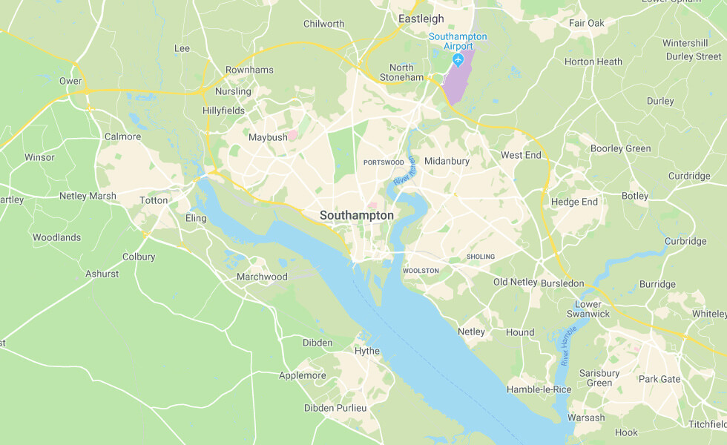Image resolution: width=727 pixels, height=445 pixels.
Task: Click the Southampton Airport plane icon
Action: (x=458, y=59)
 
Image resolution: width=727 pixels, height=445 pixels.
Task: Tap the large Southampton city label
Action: (x=357, y=215)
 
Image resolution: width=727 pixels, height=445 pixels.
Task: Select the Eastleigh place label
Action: (x=421, y=19)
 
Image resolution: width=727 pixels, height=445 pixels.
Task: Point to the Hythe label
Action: (x=367, y=351)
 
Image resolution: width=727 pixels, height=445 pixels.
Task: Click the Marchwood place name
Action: (x=262, y=277)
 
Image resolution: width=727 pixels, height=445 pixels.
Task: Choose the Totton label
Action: (x=154, y=201)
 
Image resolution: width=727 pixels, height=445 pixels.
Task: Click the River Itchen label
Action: (x=405, y=172)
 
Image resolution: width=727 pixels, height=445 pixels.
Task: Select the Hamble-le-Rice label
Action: (x=539, y=389)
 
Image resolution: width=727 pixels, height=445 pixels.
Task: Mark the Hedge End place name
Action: (x=574, y=202)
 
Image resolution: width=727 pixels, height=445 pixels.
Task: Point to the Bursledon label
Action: (x=562, y=283)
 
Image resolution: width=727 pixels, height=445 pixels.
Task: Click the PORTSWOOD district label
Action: (x=384, y=162)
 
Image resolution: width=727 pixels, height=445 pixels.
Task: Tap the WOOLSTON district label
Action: (x=421, y=271)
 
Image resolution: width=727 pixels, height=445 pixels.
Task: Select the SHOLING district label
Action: (x=480, y=257)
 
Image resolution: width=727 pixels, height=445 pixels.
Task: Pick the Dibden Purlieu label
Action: (x=335, y=408)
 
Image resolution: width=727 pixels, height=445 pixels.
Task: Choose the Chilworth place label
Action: (x=324, y=24)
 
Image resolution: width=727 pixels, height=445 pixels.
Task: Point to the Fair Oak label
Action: (x=587, y=23)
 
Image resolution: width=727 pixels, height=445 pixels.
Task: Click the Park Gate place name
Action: (x=659, y=379)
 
